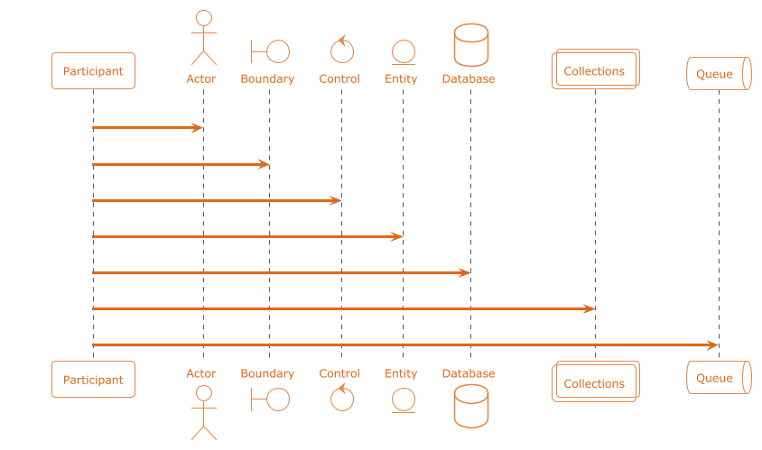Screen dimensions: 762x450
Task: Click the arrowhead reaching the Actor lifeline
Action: coord(198,128)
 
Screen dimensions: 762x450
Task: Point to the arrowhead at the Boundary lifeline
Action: coord(264,164)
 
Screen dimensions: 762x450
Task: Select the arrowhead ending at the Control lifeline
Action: coord(335,200)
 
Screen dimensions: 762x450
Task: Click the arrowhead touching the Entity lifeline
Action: coord(396,237)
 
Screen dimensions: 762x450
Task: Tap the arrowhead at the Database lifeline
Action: coord(465,273)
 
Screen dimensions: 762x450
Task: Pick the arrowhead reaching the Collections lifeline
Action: coord(589,308)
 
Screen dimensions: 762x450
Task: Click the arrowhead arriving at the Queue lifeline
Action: coord(713,345)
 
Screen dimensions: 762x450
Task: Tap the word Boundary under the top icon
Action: coord(267,78)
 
